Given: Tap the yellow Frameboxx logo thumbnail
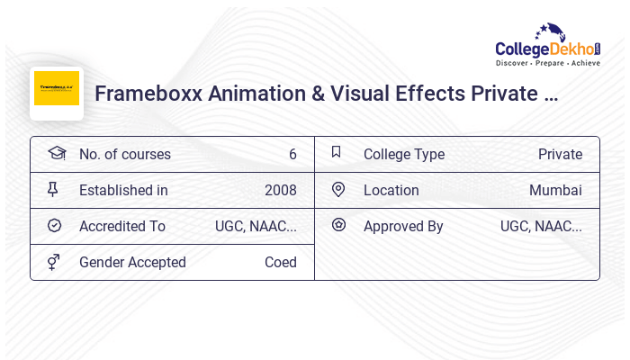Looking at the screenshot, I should [x=57, y=89].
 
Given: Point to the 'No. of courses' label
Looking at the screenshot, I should [x=124, y=154].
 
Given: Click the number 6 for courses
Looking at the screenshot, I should [x=292, y=154].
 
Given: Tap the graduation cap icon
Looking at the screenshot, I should [x=57, y=153].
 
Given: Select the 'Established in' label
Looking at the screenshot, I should [x=123, y=190].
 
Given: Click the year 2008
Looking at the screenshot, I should [x=280, y=190].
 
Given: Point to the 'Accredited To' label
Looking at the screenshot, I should [x=122, y=226].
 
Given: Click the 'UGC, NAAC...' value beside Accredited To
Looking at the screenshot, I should [x=256, y=226].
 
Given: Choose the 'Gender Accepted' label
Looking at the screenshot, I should [x=132, y=262].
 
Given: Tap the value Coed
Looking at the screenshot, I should [x=280, y=262].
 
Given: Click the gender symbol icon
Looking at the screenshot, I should [x=54, y=262].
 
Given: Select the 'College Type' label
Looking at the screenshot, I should [x=404, y=154].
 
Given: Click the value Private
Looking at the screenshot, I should [x=560, y=154].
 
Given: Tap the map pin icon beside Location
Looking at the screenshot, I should [x=338, y=189].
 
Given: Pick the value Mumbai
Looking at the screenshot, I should [x=555, y=190].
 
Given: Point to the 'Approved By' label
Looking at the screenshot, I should [x=403, y=226].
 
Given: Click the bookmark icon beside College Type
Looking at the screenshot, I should [x=337, y=152].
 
